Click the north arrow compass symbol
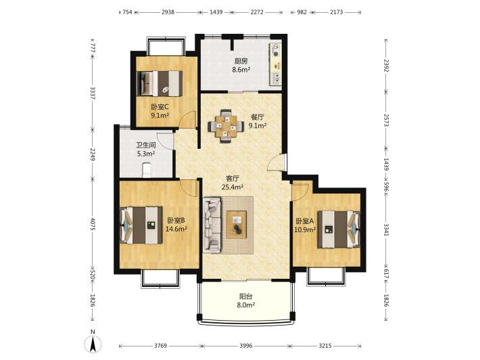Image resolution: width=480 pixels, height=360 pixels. pyautogui.click(x=94, y=344)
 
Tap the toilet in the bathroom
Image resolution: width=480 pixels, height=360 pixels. pyautogui.click(x=147, y=170)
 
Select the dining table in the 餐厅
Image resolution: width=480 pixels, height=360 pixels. pyautogui.click(x=226, y=126)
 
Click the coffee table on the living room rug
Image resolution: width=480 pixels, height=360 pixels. pyautogui.click(x=237, y=225)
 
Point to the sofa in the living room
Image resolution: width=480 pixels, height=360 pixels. pyautogui.click(x=212, y=225)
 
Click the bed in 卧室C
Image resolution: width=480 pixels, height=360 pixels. pyautogui.click(x=159, y=83)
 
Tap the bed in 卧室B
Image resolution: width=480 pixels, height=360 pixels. pyautogui.click(x=141, y=225)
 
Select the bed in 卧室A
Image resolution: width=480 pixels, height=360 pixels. pyautogui.click(x=339, y=229)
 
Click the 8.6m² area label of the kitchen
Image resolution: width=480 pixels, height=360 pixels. pyautogui.click(x=241, y=70)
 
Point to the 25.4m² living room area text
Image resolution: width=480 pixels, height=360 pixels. pyautogui.click(x=233, y=187)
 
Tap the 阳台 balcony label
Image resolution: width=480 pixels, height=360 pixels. pyautogui.click(x=246, y=296)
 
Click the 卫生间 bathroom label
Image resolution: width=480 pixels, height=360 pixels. pyautogui.click(x=146, y=145)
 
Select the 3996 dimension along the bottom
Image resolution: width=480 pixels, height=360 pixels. pyautogui.click(x=246, y=346)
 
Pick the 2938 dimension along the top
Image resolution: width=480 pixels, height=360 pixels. pyautogui.click(x=168, y=12)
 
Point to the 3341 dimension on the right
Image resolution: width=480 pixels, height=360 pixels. pyautogui.click(x=386, y=229)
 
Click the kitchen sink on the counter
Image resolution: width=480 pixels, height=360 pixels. pyautogui.click(x=276, y=78)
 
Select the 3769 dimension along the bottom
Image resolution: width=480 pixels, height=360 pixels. pyautogui.click(x=160, y=346)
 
